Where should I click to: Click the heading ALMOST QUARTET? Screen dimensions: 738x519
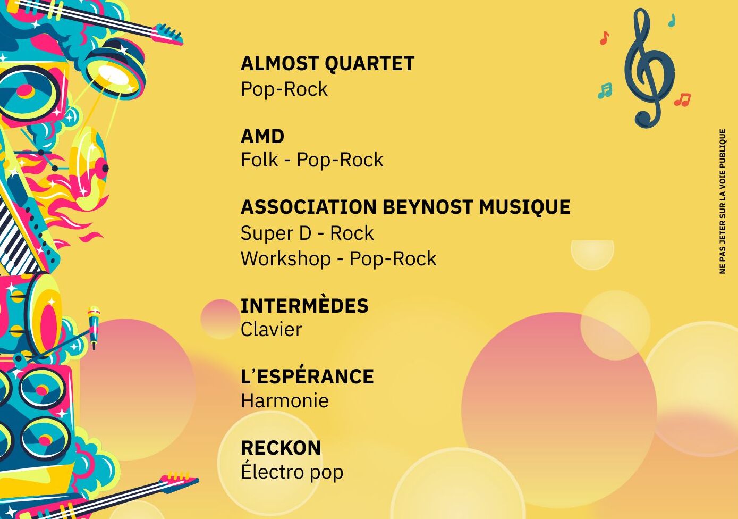click(x=327, y=63)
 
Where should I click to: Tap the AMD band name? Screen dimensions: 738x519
click(x=262, y=136)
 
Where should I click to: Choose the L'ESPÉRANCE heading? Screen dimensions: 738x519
click(x=307, y=376)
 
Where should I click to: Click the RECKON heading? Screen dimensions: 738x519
click(x=281, y=447)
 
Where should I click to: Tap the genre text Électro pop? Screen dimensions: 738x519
click(x=292, y=471)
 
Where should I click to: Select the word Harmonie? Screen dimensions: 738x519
click(x=285, y=400)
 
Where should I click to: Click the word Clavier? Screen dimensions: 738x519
click(x=271, y=329)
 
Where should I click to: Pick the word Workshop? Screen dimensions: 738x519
click(x=286, y=259)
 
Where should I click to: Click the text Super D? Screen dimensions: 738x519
click(x=276, y=233)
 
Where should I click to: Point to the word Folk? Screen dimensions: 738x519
click(x=259, y=160)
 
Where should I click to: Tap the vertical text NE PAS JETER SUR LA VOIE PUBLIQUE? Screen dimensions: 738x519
click(x=723, y=202)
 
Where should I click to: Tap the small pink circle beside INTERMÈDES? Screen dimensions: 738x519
click(x=220, y=319)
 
